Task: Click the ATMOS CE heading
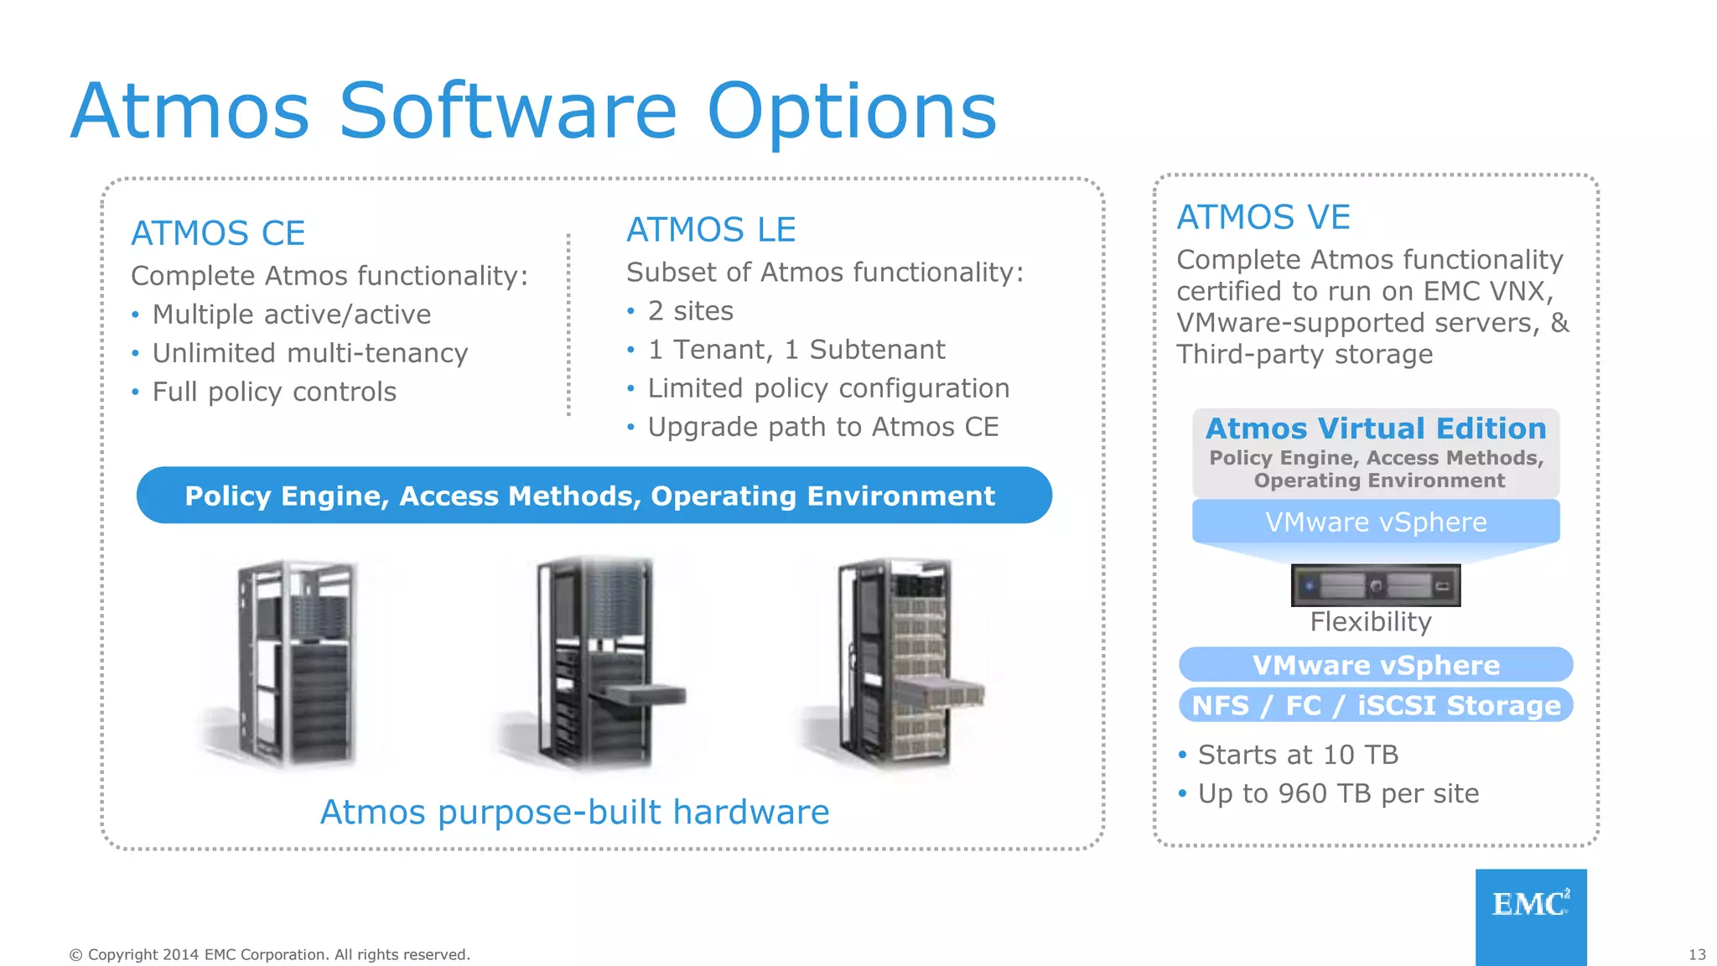pos(218,233)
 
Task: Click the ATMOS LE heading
pos(711,230)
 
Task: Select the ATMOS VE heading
pos(1263,217)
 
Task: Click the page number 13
pos(1697,954)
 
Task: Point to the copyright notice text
pos(269,954)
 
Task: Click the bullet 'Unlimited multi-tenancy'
pos(309,353)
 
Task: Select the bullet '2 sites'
pos(690,311)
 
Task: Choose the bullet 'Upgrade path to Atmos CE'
pos(822,427)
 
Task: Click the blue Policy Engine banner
pos(594,496)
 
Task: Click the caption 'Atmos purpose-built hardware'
pos(574,812)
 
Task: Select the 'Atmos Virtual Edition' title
pos(1376,428)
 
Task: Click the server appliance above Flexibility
pos(1376,585)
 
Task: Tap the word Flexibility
pos(1371,622)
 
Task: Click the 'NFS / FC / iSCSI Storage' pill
pos(1376,705)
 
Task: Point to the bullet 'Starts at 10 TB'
pos(1297,755)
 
